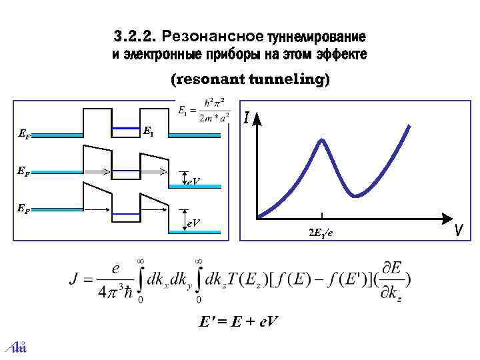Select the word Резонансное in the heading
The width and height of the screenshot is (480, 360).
tap(213, 35)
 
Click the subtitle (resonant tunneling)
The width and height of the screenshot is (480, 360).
tap(250, 80)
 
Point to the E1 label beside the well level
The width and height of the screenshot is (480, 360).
tap(148, 132)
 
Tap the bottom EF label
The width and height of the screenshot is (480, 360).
tap(23, 209)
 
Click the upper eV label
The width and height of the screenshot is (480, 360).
tap(193, 181)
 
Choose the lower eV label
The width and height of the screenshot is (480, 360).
tap(193, 222)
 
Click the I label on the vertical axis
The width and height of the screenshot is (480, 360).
tap(247, 120)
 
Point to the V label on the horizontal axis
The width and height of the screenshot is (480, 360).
tap(459, 231)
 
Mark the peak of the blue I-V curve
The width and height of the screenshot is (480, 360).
tap(323, 141)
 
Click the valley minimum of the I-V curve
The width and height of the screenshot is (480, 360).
tap(357, 196)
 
